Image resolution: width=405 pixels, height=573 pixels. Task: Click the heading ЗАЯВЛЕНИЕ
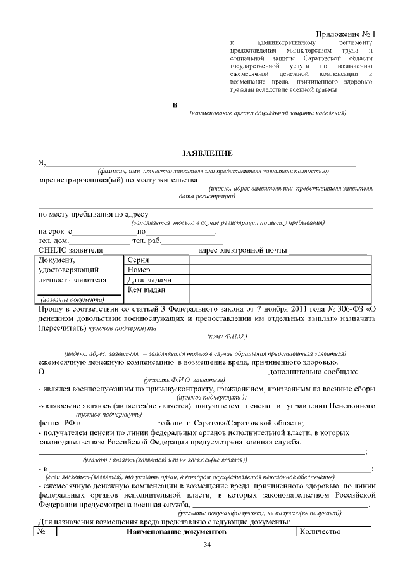click(207, 153)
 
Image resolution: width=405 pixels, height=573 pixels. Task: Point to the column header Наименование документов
click(175, 532)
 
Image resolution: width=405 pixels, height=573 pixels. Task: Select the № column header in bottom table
click(42, 532)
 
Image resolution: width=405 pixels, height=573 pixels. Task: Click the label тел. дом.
click(54, 241)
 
